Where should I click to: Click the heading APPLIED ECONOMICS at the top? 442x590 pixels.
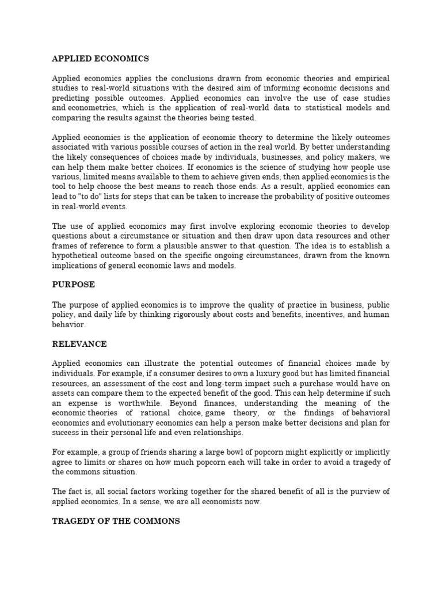(x=100, y=58)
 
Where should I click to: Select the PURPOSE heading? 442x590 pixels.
(x=73, y=285)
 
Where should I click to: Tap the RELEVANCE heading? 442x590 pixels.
(x=79, y=344)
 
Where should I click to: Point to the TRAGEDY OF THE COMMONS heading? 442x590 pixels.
(x=116, y=521)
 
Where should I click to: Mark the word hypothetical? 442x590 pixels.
(x=77, y=256)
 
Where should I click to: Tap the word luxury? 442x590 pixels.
(x=245, y=373)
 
